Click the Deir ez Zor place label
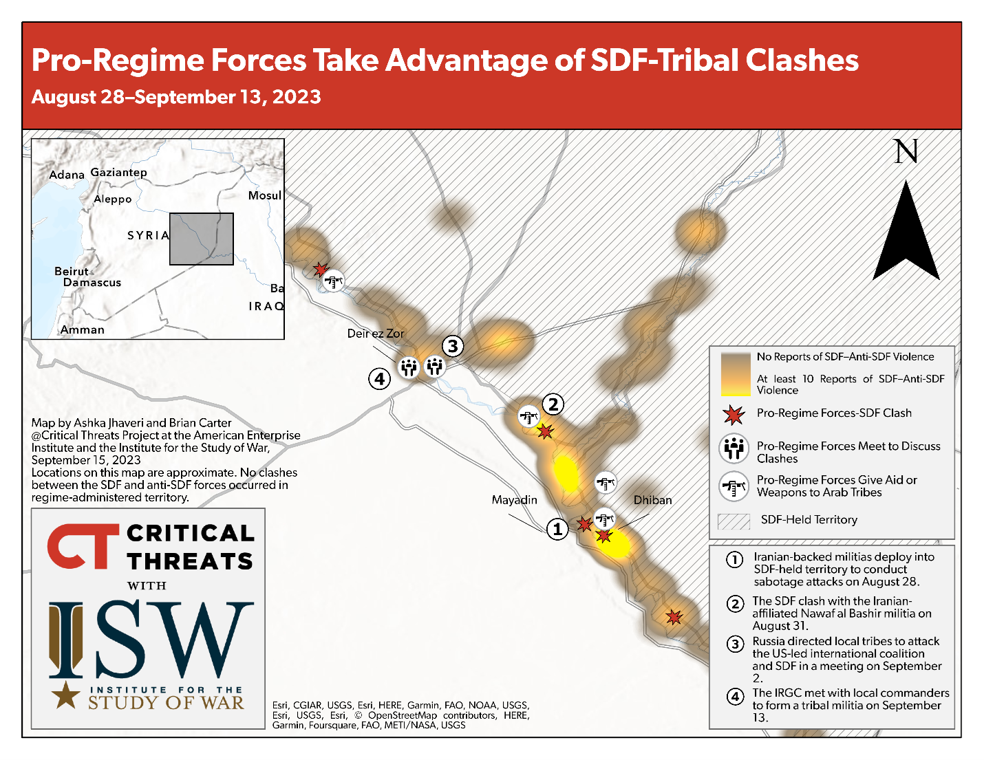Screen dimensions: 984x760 376,334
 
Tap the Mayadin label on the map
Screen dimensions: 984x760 515,500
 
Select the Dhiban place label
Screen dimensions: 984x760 652,500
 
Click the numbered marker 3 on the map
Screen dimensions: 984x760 453,346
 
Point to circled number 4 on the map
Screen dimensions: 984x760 379,379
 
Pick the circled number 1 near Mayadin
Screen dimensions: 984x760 557,529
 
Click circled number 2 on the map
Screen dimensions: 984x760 553,404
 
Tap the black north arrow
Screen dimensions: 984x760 906,235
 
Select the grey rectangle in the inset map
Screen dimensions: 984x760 202,239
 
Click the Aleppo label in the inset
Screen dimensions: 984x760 113,199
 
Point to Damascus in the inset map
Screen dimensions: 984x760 92,283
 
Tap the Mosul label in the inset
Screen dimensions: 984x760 265,195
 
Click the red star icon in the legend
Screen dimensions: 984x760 734,415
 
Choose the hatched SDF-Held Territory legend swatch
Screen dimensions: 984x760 734,521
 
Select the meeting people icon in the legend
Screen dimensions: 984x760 734,448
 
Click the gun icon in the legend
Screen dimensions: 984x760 734,486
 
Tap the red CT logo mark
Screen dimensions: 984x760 83,546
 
